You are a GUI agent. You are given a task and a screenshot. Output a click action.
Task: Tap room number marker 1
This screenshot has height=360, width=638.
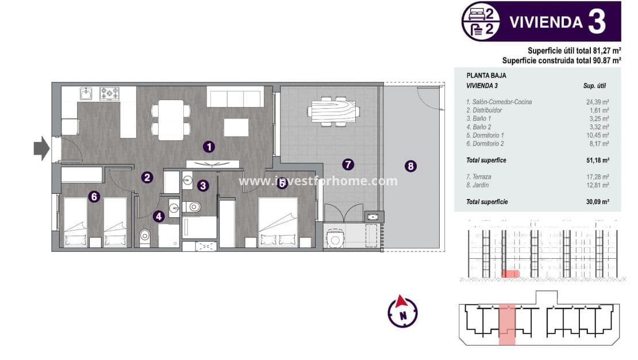coord(209,147)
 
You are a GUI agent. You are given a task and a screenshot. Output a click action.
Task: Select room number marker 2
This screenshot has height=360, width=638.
coord(147,178)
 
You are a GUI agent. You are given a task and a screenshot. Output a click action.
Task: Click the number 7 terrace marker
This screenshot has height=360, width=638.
coord(347,164)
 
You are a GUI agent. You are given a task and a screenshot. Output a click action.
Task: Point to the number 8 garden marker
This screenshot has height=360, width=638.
coord(410,166)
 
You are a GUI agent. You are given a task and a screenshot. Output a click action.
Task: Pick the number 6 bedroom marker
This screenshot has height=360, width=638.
coord(95,197)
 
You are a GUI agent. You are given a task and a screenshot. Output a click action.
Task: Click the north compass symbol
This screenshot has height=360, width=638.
coord(402,312)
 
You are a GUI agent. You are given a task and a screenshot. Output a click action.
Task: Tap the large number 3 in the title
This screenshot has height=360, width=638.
coord(597,22)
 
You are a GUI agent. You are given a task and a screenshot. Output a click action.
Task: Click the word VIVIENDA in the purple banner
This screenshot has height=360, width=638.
coord(546,22)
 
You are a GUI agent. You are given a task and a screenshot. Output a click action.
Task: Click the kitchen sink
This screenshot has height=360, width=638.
coord(86,93)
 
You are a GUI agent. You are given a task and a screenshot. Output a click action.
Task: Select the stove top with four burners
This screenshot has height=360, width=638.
coord(109,93)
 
